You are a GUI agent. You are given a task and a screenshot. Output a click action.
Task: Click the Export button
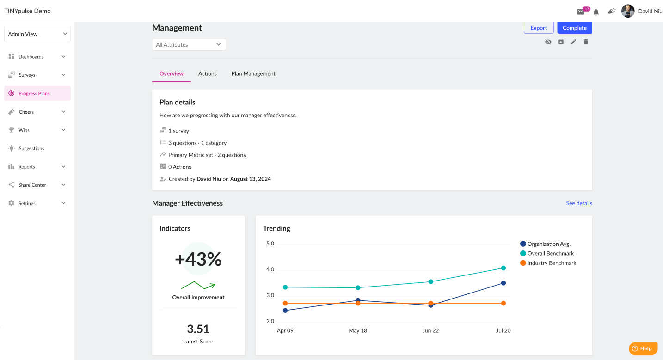(x=538, y=28)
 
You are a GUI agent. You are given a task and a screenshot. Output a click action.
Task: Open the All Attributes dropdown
(x=189, y=45)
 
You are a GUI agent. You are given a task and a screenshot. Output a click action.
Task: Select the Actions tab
(x=208, y=73)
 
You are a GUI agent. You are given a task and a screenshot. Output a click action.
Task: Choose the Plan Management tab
(x=253, y=73)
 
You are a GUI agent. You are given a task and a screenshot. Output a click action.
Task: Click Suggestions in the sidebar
(x=31, y=148)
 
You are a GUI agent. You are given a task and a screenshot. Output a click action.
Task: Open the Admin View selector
(x=37, y=34)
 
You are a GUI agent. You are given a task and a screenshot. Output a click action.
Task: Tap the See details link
(x=579, y=203)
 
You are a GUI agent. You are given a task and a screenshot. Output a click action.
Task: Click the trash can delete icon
(x=586, y=42)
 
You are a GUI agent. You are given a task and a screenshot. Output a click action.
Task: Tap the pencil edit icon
(x=573, y=42)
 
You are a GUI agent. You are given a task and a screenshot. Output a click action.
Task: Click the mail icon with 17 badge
(x=581, y=12)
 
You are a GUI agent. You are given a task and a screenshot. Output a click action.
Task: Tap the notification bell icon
(x=596, y=12)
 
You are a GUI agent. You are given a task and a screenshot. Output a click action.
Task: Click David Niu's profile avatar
(x=628, y=11)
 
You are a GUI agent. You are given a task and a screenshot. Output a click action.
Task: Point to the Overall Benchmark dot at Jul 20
(x=503, y=268)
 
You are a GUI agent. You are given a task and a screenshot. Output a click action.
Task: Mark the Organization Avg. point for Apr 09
(x=285, y=310)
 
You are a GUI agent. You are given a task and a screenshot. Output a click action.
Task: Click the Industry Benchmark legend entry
(x=548, y=263)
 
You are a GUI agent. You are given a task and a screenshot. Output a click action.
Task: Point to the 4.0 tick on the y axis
(x=270, y=269)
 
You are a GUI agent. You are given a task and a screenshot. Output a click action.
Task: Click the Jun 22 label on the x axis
(x=430, y=330)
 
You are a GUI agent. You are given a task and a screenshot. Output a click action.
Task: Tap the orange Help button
(x=643, y=348)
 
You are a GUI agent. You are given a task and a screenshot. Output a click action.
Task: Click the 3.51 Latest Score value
(x=198, y=329)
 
